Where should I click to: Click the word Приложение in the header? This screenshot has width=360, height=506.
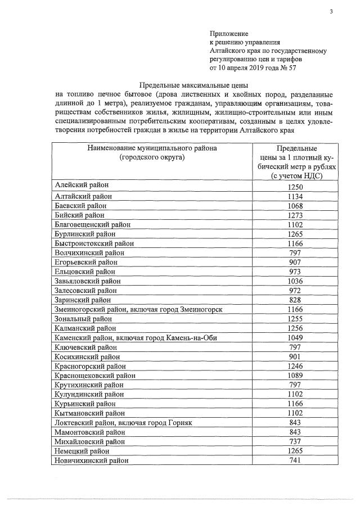coord(229,34)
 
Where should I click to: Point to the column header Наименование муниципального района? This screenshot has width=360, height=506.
coord(152,148)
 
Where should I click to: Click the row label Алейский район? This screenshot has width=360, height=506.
coord(82,186)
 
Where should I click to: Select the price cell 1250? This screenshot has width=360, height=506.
coord(295,187)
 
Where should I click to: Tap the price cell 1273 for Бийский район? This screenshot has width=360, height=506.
coord(295,215)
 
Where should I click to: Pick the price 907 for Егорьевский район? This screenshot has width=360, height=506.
coord(295,262)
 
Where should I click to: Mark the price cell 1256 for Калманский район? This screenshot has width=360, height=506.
coord(295,328)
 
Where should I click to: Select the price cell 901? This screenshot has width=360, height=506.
coord(295,356)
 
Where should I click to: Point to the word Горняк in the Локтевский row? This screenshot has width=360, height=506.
coord(180,422)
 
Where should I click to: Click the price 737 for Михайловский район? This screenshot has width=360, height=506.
coord(295,441)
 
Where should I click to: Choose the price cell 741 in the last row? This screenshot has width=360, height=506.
coord(295,460)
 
